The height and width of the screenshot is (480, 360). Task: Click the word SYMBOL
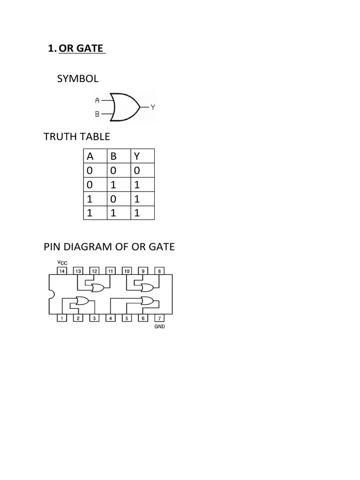78,79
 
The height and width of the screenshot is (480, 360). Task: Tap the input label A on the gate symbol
97,100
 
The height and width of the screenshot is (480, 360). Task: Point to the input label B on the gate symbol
97,114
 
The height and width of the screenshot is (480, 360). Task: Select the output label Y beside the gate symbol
153,107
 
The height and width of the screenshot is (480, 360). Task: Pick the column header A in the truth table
90,157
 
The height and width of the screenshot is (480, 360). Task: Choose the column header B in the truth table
113,157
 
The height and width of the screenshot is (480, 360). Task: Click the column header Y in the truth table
137,157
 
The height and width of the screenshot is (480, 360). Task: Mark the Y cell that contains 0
137,171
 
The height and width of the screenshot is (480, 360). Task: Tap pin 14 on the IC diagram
62,271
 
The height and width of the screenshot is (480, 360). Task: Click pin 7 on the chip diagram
159,318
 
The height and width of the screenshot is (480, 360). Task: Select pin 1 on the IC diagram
62,318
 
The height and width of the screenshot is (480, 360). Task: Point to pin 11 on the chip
111,271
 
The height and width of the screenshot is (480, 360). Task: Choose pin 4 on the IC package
111,318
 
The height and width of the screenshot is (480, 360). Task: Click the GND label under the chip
159,327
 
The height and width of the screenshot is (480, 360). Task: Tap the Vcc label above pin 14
62,262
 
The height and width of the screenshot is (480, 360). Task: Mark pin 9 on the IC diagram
143,271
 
